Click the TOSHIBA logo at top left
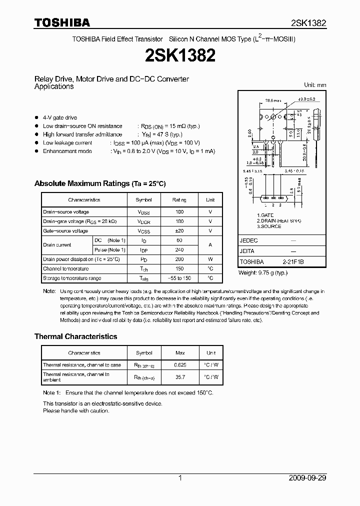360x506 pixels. tap(62, 22)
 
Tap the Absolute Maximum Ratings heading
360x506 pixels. tap(100, 183)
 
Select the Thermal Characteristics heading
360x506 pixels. tap(75, 336)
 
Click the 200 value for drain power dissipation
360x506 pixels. tap(179, 259)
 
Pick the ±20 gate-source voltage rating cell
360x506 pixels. tap(179, 230)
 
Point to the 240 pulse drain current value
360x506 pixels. tap(179, 249)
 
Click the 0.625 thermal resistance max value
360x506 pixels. tap(179, 365)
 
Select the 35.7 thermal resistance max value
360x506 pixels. tap(179, 376)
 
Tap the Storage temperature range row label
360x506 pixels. tap(72, 278)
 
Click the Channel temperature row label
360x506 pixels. tap(66, 268)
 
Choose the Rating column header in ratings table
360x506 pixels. tap(179, 200)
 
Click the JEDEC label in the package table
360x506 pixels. tap(248, 240)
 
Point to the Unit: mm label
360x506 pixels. tap(314, 85)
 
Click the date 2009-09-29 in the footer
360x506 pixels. tap(307, 478)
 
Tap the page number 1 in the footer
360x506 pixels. tap(180, 478)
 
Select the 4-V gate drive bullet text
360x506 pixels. tap(60, 118)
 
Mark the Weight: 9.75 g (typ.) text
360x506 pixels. tap(262, 272)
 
